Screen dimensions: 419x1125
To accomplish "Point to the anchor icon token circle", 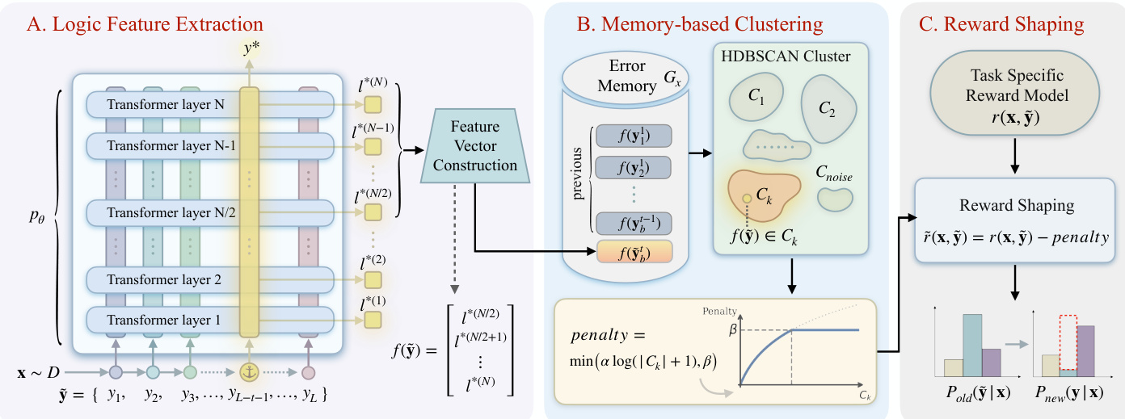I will pyautogui.click(x=248, y=373).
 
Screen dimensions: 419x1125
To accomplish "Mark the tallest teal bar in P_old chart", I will pyautogui.click(x=972, y=345).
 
